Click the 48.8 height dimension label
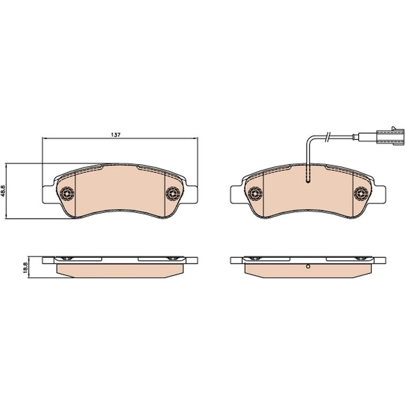(x=3, y=191)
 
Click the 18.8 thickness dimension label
(x=25, y=267)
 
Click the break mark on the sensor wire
(x=328, y=137)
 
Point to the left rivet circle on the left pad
(x=67, y=193)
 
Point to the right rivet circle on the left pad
(x=173, y=193)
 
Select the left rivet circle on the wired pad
(x=255, y=193)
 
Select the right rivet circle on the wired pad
(x=361, y=193)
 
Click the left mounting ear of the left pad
(x=48, y=194)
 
